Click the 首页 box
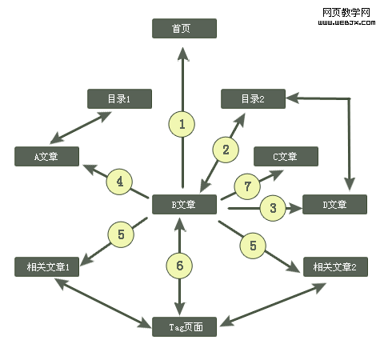[184, 29]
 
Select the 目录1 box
[118, 99]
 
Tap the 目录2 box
[253, 99]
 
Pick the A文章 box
[46, 157]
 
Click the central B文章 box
[184, 205]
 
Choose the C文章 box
[286, 157]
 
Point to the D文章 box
[334, 205]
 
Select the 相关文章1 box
[46, 266]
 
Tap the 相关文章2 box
[335, 266]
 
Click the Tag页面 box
[184, 326]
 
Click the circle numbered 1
[182, 124]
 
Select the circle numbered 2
[226, 149]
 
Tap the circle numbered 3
[273, 209]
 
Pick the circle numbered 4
[119, 182]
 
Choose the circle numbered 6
[181, 265]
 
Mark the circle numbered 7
[247, 186]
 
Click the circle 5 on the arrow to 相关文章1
[121, 234]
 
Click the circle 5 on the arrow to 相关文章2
[253, 246]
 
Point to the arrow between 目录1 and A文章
[81, 128]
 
